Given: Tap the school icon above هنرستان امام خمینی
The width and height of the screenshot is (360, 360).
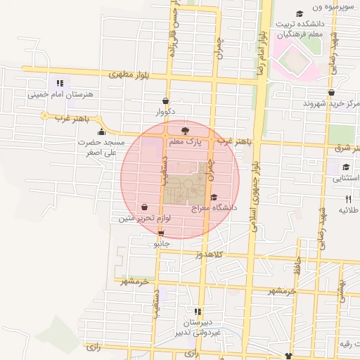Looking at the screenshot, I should coord(60,83).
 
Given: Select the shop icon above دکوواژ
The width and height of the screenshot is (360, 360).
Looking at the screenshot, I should coord(165,101).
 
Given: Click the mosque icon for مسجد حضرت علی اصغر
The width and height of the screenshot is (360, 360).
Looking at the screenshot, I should coord(102,131).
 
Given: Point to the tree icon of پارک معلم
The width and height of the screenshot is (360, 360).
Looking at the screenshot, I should coord(185,131).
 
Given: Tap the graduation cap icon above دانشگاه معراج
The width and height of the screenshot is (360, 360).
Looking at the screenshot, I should coord(214,197).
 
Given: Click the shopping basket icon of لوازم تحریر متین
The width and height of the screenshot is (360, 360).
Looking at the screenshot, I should coord(145,207).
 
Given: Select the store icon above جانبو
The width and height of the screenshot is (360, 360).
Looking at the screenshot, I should coord(162,233).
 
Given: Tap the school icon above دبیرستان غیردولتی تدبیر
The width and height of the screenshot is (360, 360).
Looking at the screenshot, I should coord(198,311).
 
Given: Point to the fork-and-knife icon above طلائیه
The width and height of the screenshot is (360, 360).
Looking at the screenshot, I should coord(348,199).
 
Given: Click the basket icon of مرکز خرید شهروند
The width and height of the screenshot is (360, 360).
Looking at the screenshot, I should coord(331,92).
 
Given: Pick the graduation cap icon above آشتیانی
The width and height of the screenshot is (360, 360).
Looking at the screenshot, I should coord(346,167).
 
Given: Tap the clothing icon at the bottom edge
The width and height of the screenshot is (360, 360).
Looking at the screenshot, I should coord(287,356).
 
